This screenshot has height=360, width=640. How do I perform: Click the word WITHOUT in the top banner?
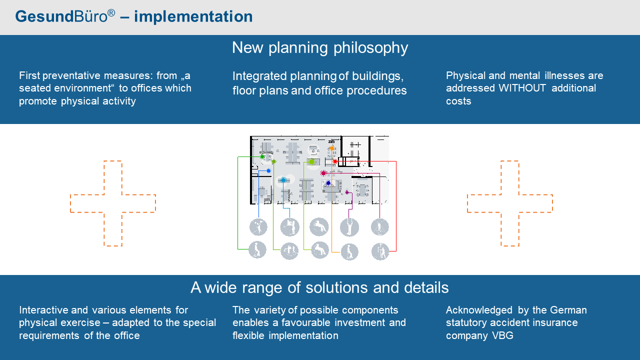522,88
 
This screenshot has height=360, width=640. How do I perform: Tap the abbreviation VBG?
502,335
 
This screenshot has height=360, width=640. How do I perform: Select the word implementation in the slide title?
193,16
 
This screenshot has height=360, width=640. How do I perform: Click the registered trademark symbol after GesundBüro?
111,13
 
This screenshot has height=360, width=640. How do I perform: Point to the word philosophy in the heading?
371,48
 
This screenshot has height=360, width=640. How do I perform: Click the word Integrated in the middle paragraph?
259,76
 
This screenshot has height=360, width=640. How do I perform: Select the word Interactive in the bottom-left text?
43,310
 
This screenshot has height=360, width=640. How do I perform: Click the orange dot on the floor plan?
331,148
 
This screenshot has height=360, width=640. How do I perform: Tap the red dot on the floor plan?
335,161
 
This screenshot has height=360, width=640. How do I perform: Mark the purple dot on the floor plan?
347,192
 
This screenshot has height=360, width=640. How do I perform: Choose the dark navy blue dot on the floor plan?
328,183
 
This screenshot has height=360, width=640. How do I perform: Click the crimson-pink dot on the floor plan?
323,173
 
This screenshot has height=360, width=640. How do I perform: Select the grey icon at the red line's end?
380,251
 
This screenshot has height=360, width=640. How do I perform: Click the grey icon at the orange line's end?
349,251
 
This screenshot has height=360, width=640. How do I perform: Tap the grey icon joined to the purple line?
349,227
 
